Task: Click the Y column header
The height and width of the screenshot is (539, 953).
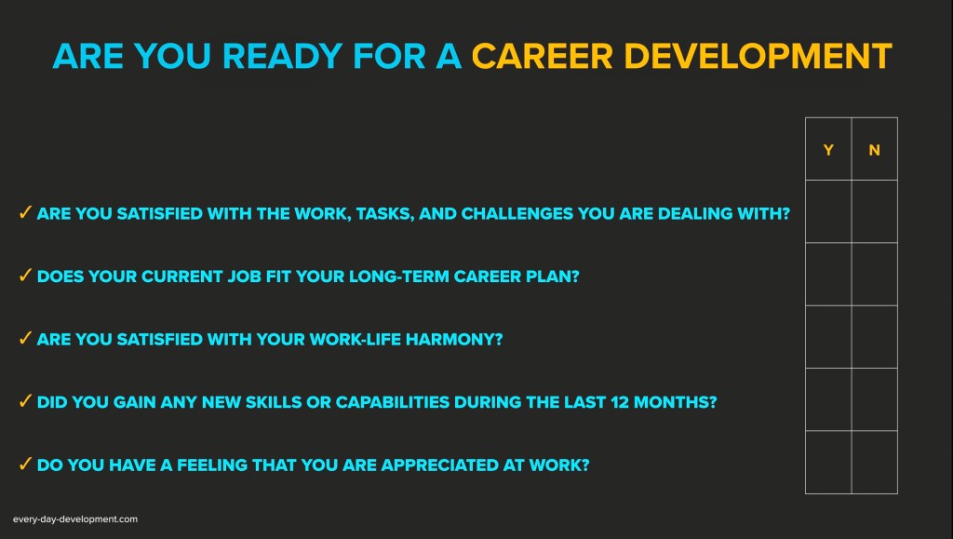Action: [x=827, y=150]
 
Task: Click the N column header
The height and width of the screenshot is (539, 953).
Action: [x=874, y=150]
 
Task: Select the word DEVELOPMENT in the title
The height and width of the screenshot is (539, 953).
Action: [x=758, y=56]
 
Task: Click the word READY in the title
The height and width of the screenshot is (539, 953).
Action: [x=282, y=56]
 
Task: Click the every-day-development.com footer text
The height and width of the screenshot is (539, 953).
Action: [x=75, y=519]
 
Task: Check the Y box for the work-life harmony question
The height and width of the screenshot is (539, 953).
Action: [x=828, y=337]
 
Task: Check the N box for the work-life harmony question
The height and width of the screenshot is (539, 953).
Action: [x=875, y=337]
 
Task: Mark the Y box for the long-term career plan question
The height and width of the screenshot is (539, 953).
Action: [x=828, y=274]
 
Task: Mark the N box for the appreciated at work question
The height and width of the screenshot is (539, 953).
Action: [x=875, y=463]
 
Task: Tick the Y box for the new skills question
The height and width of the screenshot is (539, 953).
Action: [x=828, y=400]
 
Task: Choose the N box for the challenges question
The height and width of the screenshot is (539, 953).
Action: [x=875, y=211]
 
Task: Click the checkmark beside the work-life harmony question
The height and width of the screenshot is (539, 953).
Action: [x=25, y=338]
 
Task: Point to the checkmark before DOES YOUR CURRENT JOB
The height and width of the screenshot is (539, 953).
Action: [x=25, y=275]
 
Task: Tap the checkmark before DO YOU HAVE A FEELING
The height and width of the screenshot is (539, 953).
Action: [x=25, y=464]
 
